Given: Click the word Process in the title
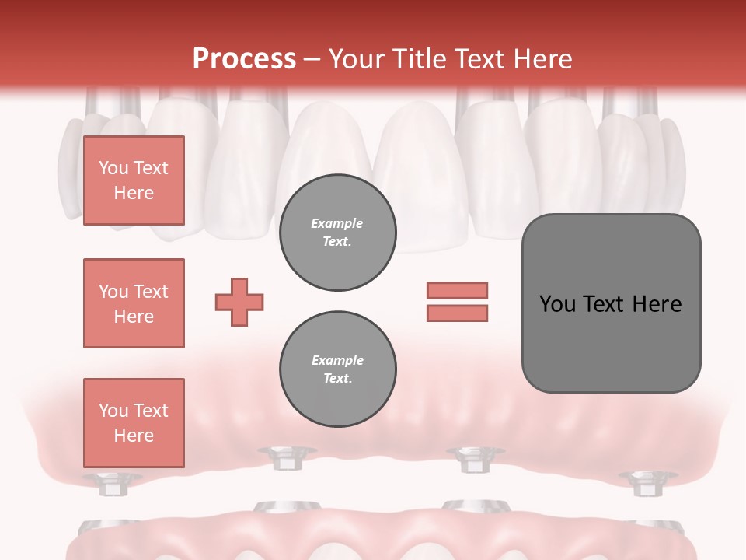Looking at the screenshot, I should click(244, 59).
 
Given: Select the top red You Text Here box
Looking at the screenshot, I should click(134, 180).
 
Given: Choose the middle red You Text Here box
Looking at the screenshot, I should click(134, 303).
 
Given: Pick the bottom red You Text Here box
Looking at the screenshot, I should click(134, 422).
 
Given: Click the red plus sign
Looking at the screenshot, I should click(239, 302).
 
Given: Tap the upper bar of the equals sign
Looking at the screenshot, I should click(457, 290).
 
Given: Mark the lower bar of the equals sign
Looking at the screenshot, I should click(457, 313).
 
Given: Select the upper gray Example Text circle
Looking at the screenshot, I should click(337, 233).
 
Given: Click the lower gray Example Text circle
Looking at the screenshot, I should click(337, 369).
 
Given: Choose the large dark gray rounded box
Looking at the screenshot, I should click(611, 303).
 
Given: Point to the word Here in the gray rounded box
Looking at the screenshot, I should click(657, 304).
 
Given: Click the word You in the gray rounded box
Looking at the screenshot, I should click(556, 304).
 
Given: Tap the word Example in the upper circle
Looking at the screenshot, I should click(337, 224).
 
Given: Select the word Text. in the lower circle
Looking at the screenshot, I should click(337, 379).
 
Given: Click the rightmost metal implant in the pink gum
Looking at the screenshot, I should click(643, 483).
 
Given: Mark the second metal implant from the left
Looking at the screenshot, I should click(285, 458).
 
